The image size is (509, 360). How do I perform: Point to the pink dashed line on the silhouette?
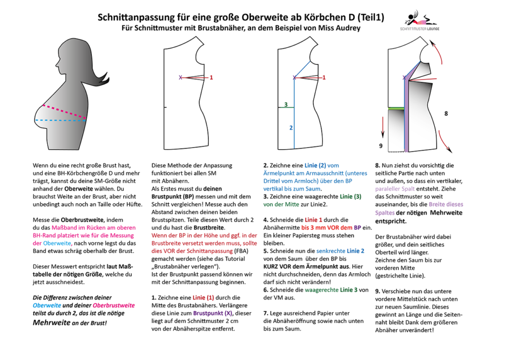pos(62,110)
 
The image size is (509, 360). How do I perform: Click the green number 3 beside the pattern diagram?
pos(285,105)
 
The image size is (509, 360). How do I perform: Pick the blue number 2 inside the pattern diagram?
pos(291,127)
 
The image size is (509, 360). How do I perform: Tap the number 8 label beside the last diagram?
pos(446,113)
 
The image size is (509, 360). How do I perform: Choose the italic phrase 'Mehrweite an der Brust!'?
pos(70,323)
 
